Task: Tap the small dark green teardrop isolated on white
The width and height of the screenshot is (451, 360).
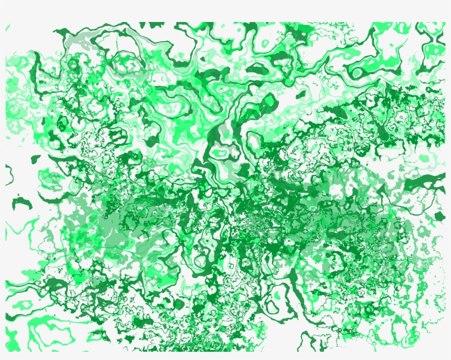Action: [x=36, y=159]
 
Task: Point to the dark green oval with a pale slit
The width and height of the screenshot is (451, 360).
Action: [x=256, y=69]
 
